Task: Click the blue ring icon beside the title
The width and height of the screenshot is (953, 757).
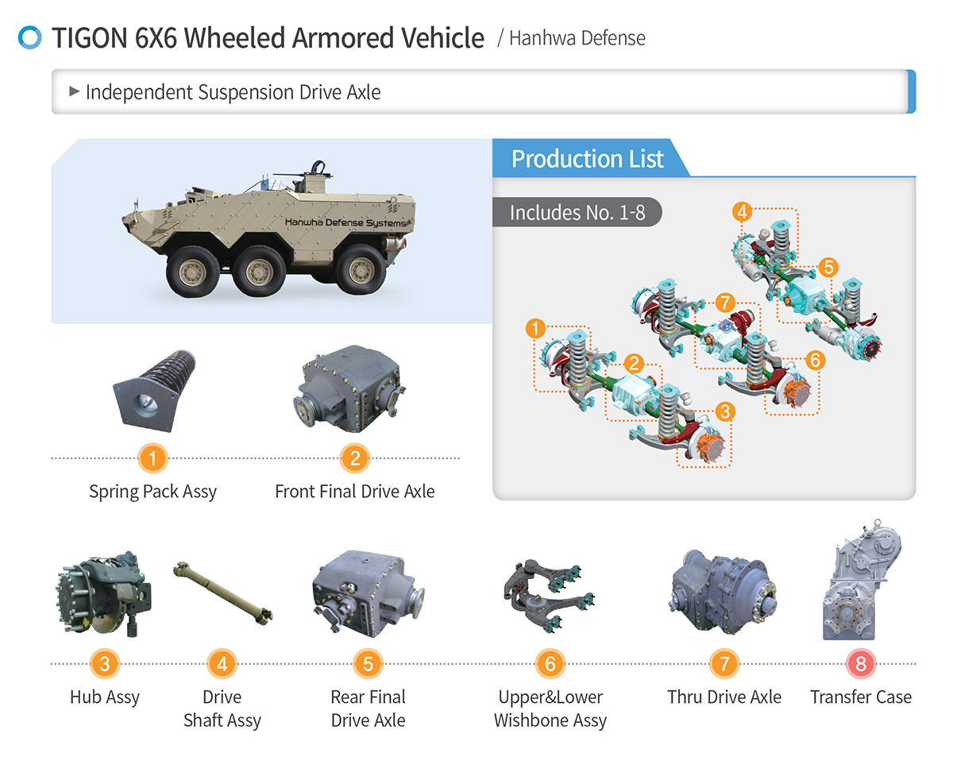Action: [x=29, y=37]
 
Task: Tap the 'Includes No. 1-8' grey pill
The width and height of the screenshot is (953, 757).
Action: [x=577, y=212]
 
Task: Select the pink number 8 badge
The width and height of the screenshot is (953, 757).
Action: [x=860, y=663]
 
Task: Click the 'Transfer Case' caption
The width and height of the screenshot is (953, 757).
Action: [x=860, y=697]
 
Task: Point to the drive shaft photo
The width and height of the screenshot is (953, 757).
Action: [x=222, y=593]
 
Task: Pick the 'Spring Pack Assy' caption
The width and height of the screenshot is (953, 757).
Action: [x=152, y=492]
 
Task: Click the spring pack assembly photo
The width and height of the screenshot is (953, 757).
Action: [x=155, y=391]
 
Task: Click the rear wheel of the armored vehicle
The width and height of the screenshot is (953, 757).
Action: [x=361, y=269]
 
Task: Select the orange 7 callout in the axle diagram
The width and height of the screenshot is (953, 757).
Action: [x=724, y=303]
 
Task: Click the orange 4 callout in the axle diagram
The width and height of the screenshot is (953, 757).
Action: [x=743, y=212]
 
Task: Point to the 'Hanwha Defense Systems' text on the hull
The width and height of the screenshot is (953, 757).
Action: [x=345, y=222]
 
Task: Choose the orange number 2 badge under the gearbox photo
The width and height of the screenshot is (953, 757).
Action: [x=355, y=458]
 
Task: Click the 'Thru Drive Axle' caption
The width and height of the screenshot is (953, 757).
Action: [x=724, y=697]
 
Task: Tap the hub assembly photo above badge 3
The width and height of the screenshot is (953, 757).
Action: [x=103, y=594]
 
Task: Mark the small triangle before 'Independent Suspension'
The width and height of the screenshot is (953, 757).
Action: [x=74, y=91]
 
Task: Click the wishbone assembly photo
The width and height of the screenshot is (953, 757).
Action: [x=549, y=593]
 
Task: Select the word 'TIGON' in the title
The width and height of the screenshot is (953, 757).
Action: [x=90, y=37]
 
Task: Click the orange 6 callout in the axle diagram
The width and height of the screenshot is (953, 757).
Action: [x=816, y=360]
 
